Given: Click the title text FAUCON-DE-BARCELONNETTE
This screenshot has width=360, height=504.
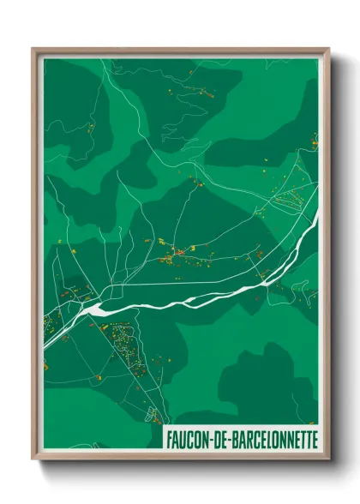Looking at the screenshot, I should pos(240,439).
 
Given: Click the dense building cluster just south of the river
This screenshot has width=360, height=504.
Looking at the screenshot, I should pos(129,343).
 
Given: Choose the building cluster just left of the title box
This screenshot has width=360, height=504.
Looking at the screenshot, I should pos(153,416).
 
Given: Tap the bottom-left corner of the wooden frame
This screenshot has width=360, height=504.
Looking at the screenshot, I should pos(33,460).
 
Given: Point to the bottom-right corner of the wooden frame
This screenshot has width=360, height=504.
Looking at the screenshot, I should pos(328,460).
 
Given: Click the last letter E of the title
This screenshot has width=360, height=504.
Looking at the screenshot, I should pos(314,439).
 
